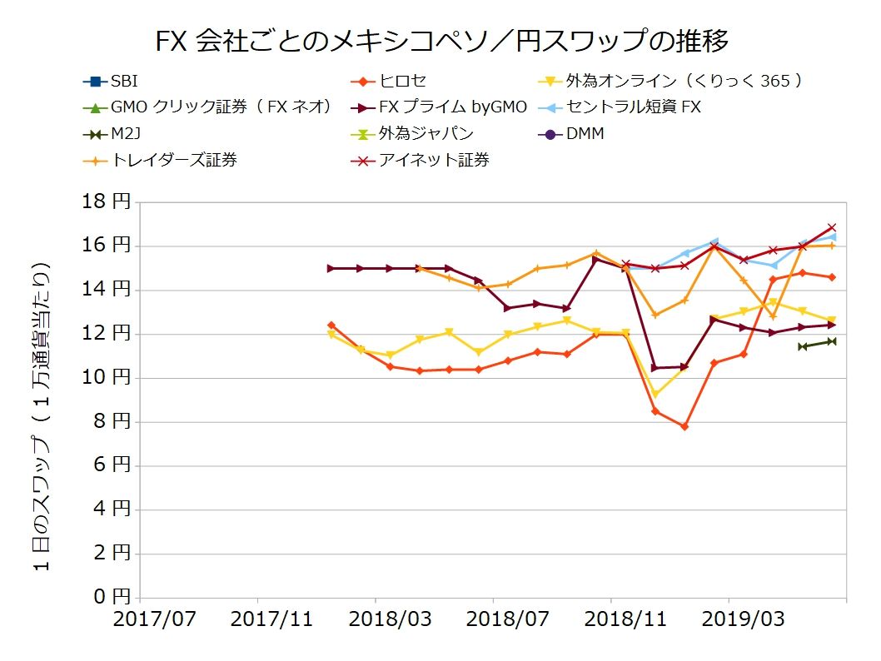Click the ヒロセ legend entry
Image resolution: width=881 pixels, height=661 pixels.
click(402, 82)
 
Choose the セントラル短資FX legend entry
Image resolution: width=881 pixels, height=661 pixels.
click(633, 107)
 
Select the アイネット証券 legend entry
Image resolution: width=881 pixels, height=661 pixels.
click(434, 160)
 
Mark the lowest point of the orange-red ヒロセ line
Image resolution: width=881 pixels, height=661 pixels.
click(684, 426)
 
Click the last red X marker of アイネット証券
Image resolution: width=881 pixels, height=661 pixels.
click(832, 227)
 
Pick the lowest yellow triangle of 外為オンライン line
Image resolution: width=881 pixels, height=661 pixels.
click(655, 394)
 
